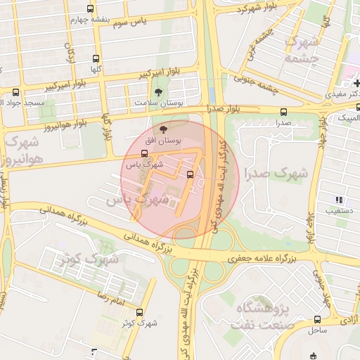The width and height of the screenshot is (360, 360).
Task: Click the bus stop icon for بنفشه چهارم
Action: point(90,9)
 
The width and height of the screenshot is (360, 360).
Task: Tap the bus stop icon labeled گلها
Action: point(96,59)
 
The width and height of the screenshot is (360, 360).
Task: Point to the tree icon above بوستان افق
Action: point(164,129)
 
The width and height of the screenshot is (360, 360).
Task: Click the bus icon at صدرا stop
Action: point(283,112)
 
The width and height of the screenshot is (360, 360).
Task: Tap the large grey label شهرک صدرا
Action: point(276,172)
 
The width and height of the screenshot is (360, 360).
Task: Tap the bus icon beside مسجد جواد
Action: point(16,92)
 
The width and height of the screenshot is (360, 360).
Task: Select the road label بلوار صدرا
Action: point(224,109)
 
